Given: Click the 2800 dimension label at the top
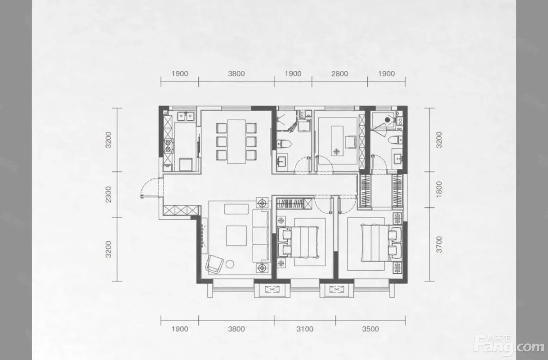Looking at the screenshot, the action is click(340, 74).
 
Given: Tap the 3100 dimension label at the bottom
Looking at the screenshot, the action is click(305, 329).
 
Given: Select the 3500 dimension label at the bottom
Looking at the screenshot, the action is click(370, 329).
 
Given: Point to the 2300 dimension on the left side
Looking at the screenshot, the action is click(108, 194).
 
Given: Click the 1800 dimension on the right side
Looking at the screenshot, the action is click(439, 189).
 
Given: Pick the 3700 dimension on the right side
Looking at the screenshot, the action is click(439, 244).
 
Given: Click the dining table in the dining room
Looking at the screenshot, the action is click(236, 141).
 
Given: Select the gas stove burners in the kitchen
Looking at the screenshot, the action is click(168, 146).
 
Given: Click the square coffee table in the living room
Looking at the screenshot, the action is click(236, 235).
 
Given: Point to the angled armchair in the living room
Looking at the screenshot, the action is click(215, 264).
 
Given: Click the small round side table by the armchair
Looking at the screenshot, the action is click(230, 264).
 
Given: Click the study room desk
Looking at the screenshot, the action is click(337, 141).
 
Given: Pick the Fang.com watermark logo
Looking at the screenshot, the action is click(509, 346).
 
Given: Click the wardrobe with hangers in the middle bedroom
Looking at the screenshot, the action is click(294, 204).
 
